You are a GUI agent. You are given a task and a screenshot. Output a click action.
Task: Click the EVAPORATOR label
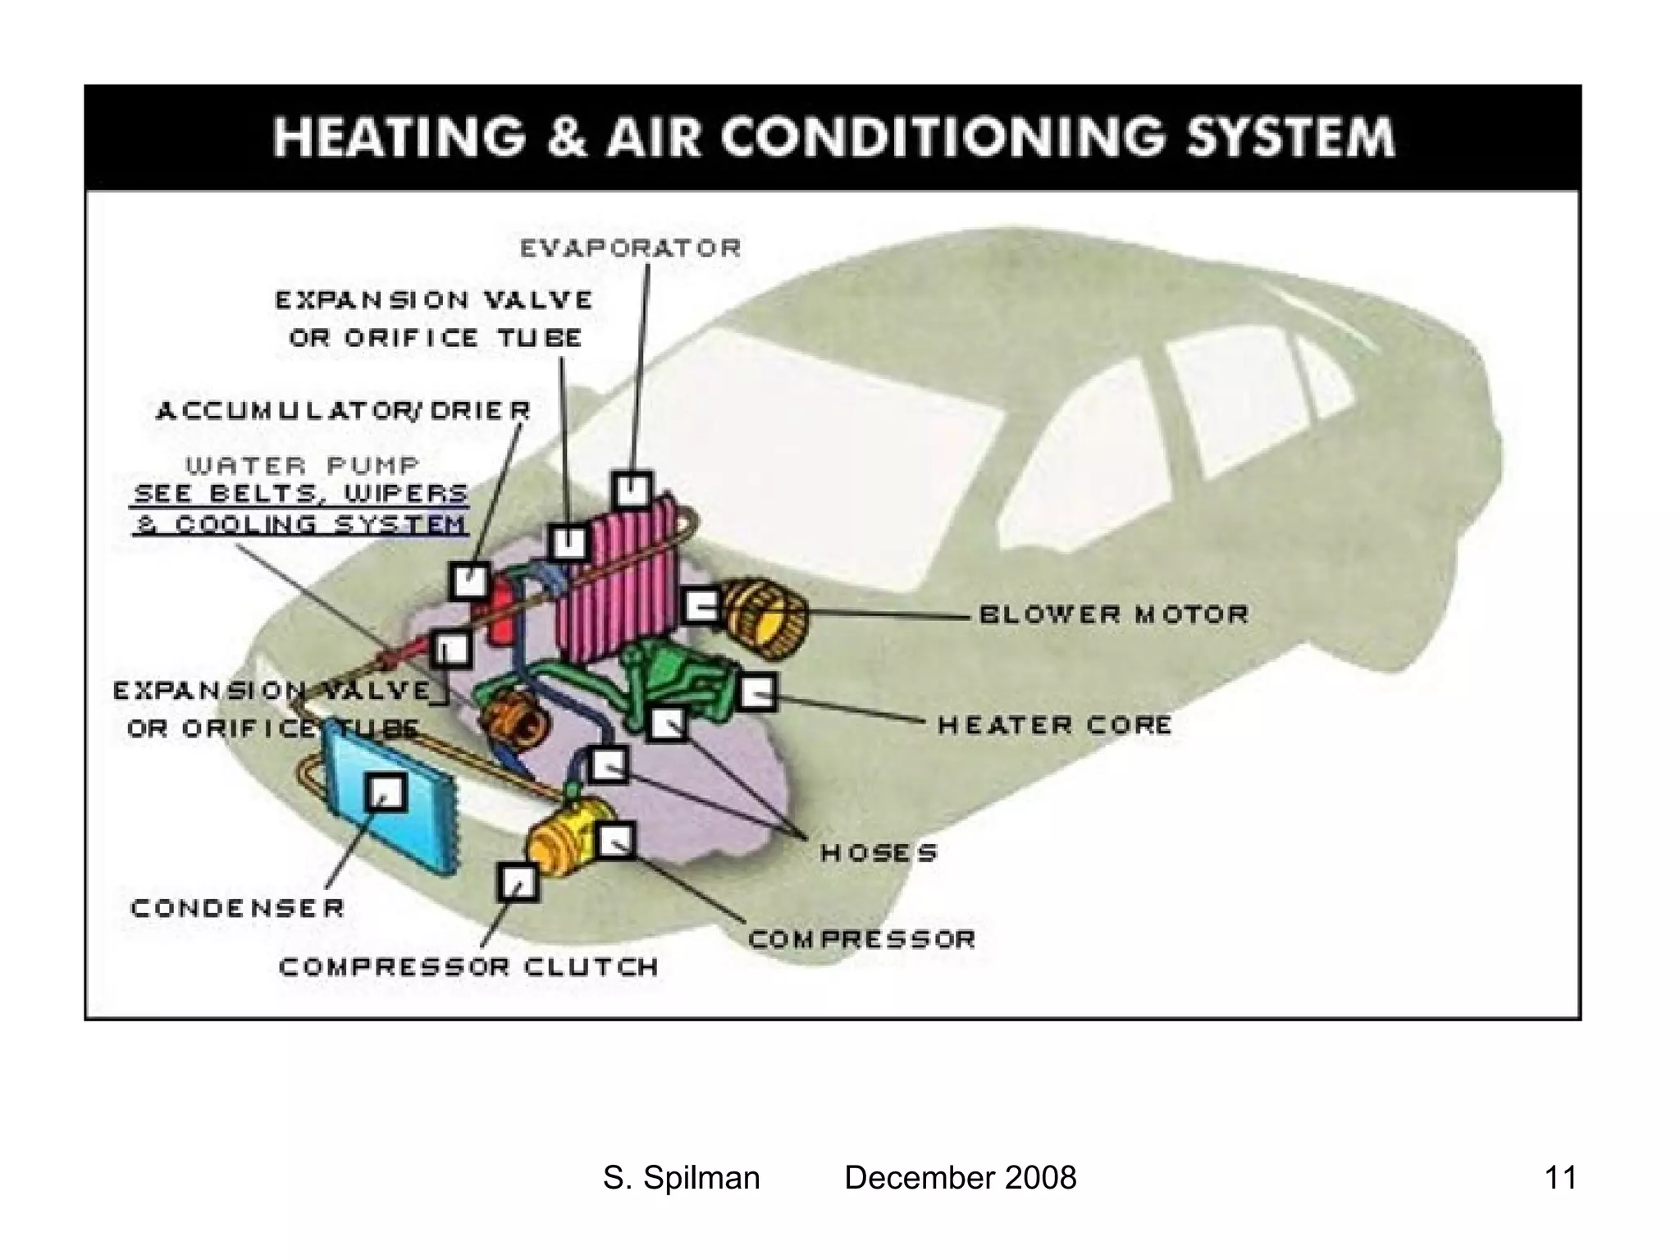[630, 248]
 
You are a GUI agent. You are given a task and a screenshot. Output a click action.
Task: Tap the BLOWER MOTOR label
[1113, 614]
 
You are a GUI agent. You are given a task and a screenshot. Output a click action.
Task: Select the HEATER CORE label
[1055, 725]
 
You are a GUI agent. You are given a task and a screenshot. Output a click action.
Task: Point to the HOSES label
[879, 853]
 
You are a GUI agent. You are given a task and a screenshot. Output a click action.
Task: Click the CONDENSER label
[237, 908]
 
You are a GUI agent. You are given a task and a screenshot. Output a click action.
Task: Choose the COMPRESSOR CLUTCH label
[468, 967]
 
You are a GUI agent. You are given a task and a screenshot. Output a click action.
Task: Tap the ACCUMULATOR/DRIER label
[343, 410]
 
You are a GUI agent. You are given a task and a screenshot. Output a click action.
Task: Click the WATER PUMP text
[302, 466]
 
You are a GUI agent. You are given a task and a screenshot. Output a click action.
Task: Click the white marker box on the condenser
[385, 791]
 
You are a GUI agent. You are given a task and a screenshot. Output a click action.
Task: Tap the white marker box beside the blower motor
[702, 607]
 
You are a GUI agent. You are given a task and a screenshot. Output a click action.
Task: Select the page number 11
[1559, 1178]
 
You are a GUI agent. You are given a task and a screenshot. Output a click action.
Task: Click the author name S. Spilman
[681, 1178]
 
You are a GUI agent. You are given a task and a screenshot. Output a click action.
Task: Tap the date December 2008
[960, 1178]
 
